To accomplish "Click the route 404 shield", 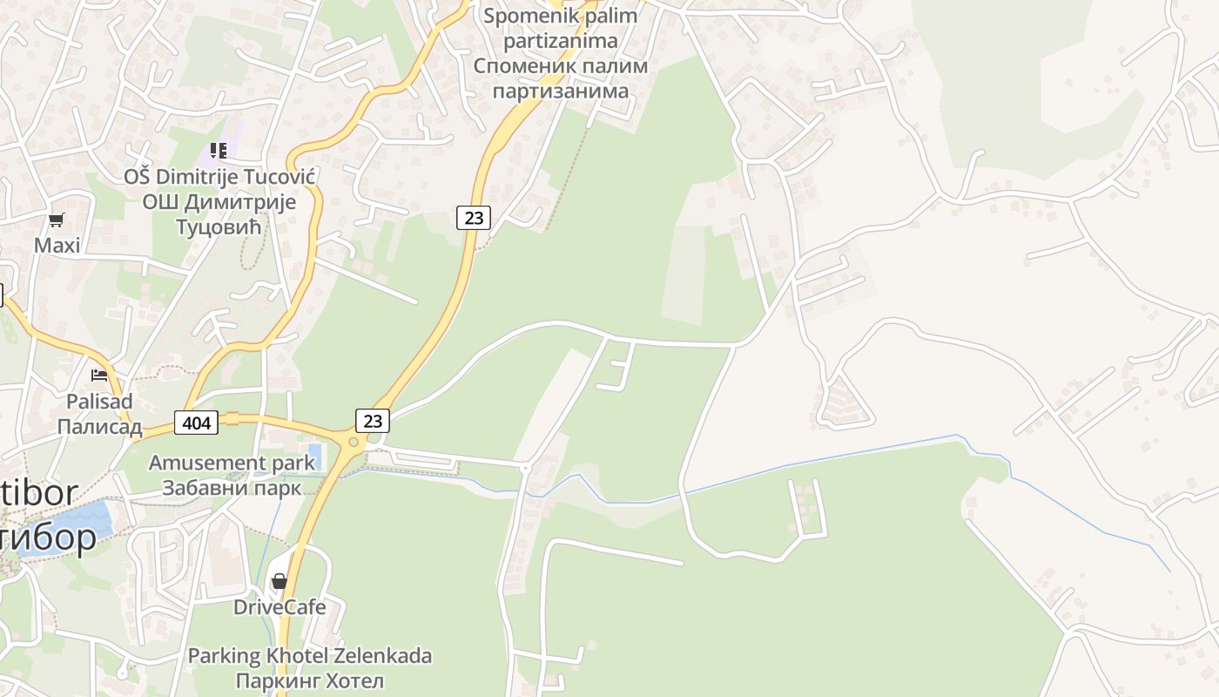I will click(197, 423).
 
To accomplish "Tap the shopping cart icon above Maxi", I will click(57, 220).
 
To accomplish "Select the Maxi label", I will click(57, 246).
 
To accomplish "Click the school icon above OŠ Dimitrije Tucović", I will click(219, 151).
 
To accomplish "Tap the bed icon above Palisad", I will click(99, 376).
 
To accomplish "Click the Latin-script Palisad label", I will click(99, 402).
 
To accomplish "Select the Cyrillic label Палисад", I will click(99, 427).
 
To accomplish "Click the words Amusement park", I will click(232, 463).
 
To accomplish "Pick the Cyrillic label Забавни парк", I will click(232, 488).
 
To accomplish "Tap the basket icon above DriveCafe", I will click(279, 580).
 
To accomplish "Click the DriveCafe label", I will click(279, 606).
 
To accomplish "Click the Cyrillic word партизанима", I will click(560, 91).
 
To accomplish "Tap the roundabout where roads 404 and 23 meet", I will click(354, 442).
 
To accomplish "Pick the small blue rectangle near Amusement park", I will click(314, 456).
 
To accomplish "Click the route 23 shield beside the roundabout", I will click(373, 421).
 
